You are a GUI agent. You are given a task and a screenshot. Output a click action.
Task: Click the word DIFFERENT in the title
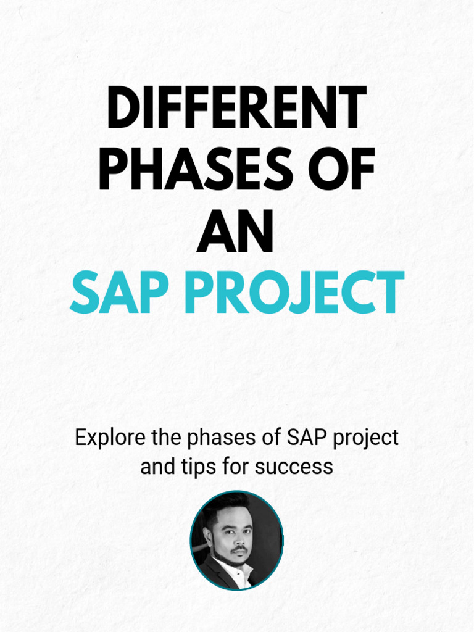(x=236, y=109)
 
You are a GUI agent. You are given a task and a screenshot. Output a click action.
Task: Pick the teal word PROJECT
(x=294, y=293)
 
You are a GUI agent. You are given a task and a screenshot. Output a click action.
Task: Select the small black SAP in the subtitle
(x=307, y=438)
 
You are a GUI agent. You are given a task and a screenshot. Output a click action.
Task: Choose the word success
(x=294, y=467)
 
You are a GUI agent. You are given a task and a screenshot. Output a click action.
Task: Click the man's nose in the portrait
(x=239, y=537)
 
